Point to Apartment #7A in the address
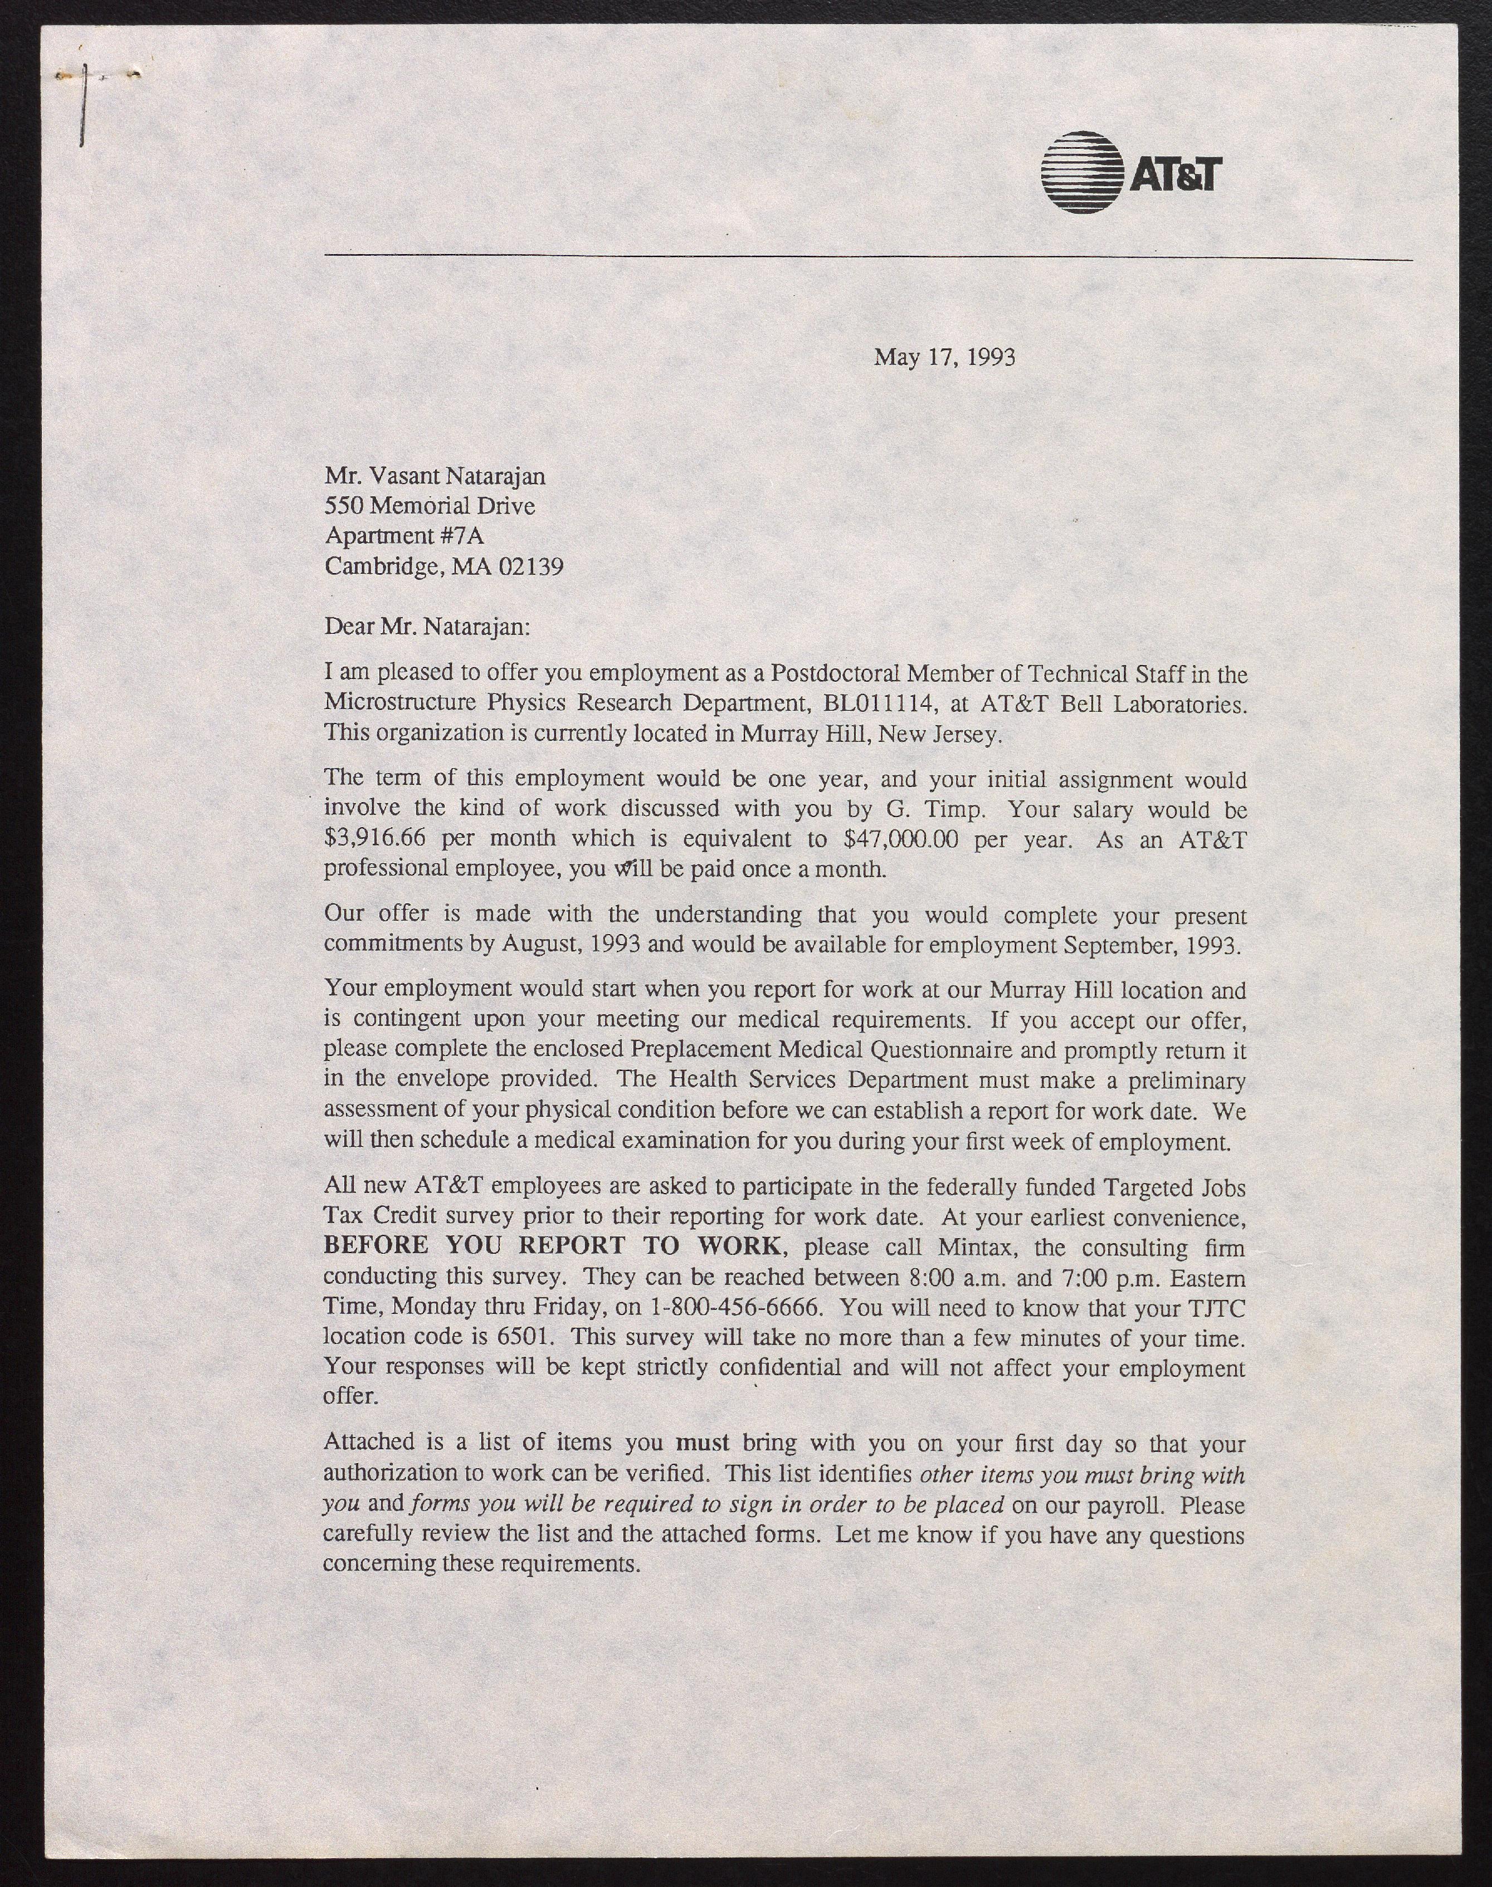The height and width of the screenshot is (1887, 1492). pos(403,536)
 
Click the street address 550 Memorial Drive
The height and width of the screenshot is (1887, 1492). pos(429,506)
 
